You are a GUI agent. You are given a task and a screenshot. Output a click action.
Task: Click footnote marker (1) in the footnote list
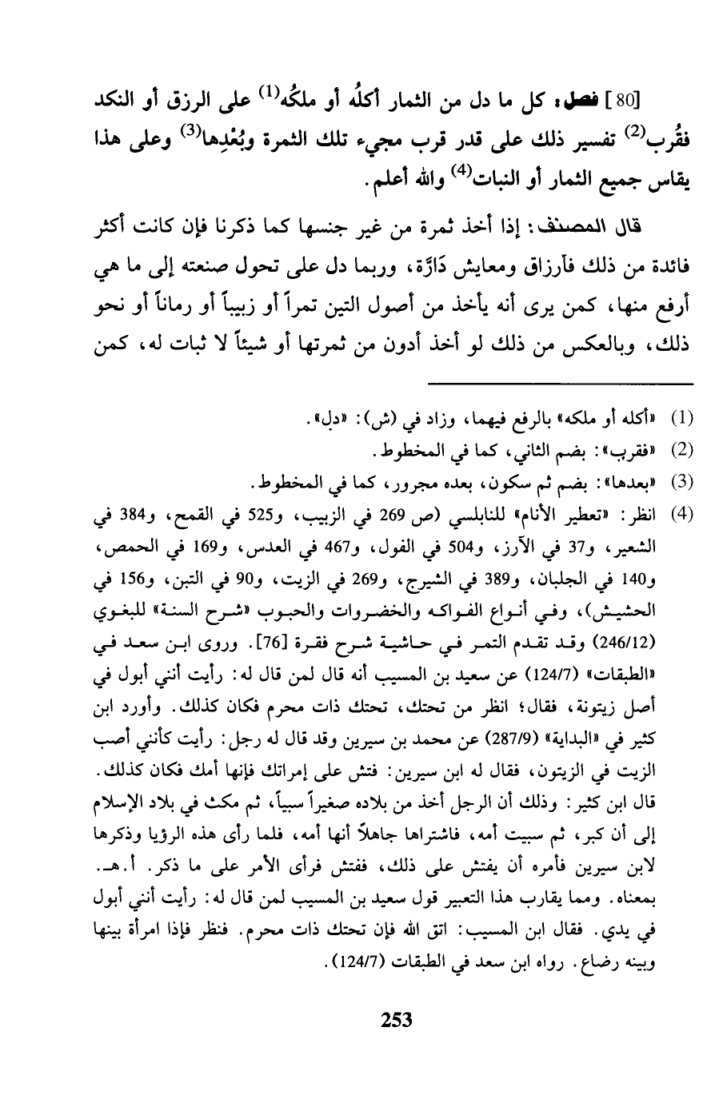(681, 419)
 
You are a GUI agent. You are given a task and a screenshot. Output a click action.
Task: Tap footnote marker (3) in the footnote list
(681, 483)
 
